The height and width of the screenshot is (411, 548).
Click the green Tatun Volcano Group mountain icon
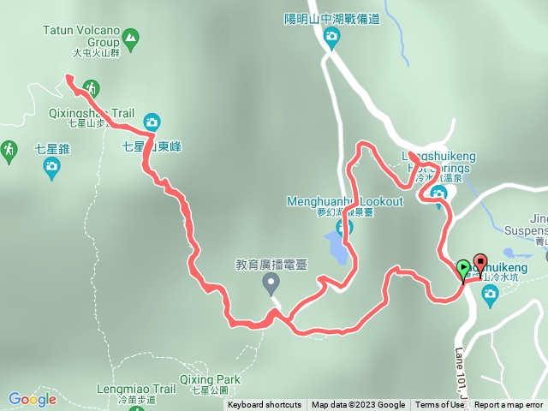pyautogui.click(x=130, y=38)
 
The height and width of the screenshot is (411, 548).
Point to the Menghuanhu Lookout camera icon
pyautogui.click(x=345, y=228)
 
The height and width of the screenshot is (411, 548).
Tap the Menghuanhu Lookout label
pyautogui.click(x=344, y=201)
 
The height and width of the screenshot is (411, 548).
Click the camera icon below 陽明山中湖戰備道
pyautogui.click(x=331, y=37)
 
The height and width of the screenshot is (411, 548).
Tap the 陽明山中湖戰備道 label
pyautogui.click(x=332, y=18)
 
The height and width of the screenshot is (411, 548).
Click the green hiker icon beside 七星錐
pyautogui.click(x=9, y=151)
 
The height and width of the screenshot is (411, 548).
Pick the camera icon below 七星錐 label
pyautogui.click(x=51, y=167)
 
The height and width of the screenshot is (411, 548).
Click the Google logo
pyautogui.click(x=32, y=399)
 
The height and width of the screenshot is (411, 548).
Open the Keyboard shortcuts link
pyautogui.click(x=265, y=405)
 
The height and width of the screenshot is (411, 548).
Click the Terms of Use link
pyautogui.click(x=439, y=405)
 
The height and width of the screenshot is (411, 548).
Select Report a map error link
pyautogui.click(x=509, y=405)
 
